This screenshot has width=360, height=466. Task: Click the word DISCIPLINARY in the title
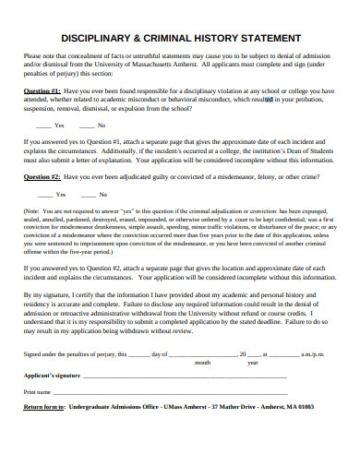[x=101, y=39]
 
